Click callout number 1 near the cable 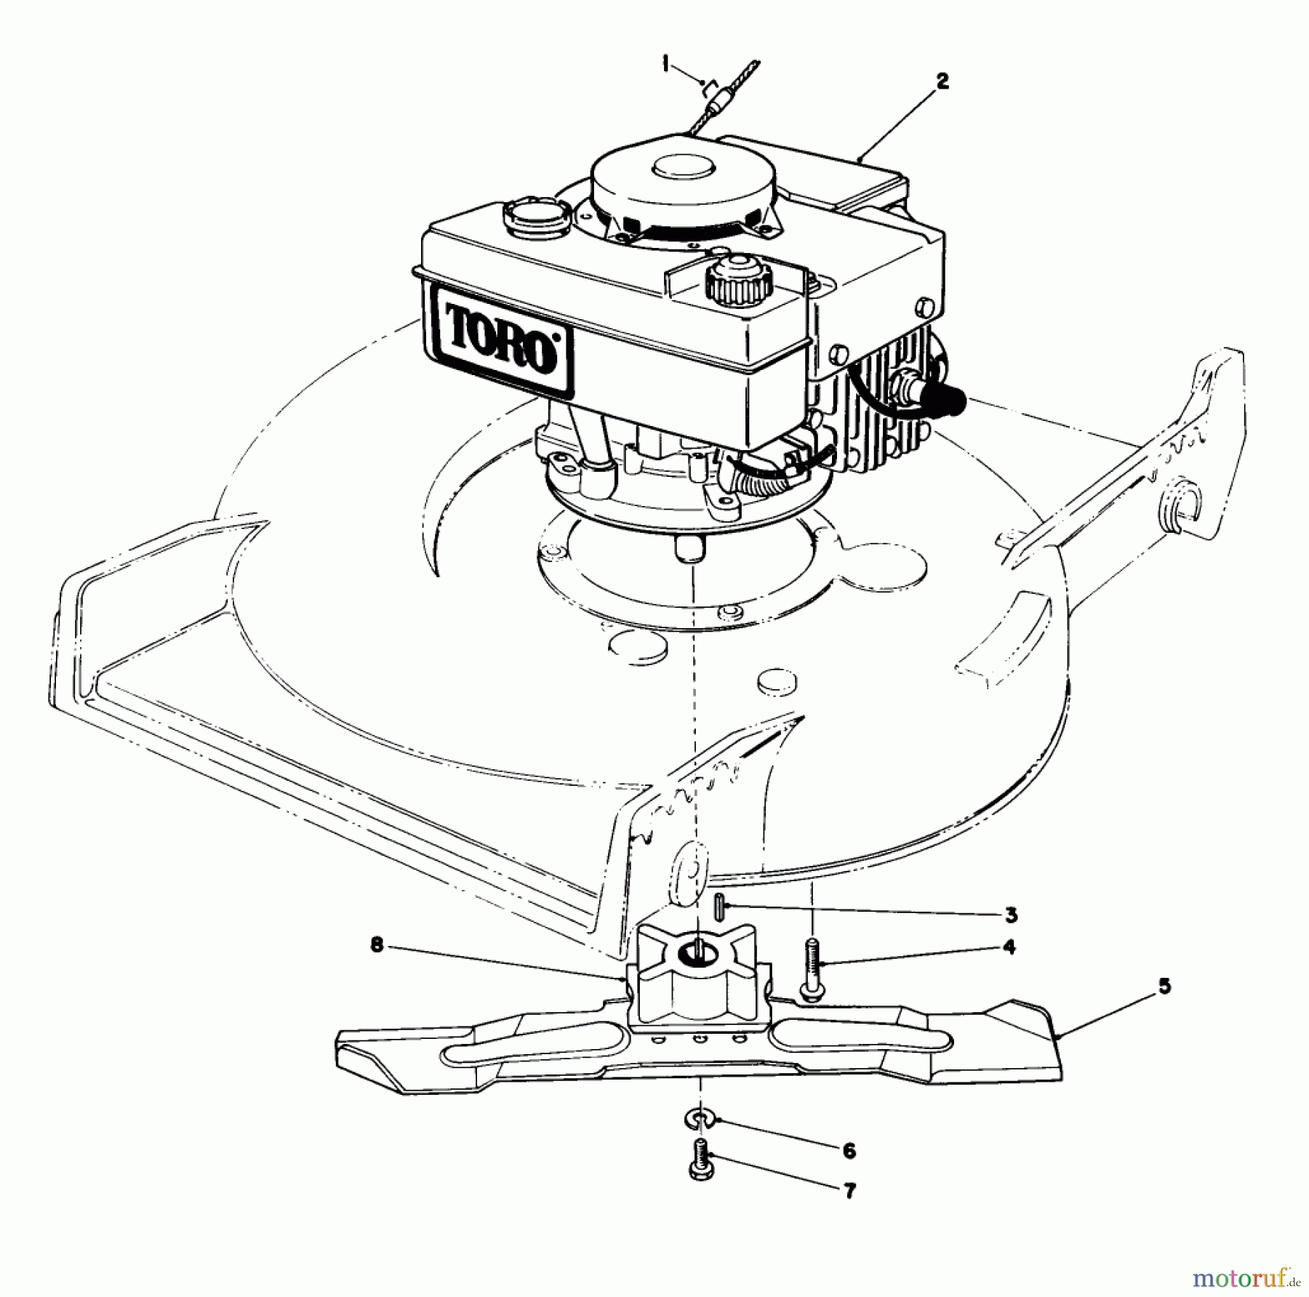click(x=665, y=65)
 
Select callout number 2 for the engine click(x=942, y=81)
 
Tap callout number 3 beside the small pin click(x=1010, y=915)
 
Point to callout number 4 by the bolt click(x=1009, y=947)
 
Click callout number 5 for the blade click(x=1164, y=987)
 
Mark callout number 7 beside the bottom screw click(x=849, y=1191)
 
